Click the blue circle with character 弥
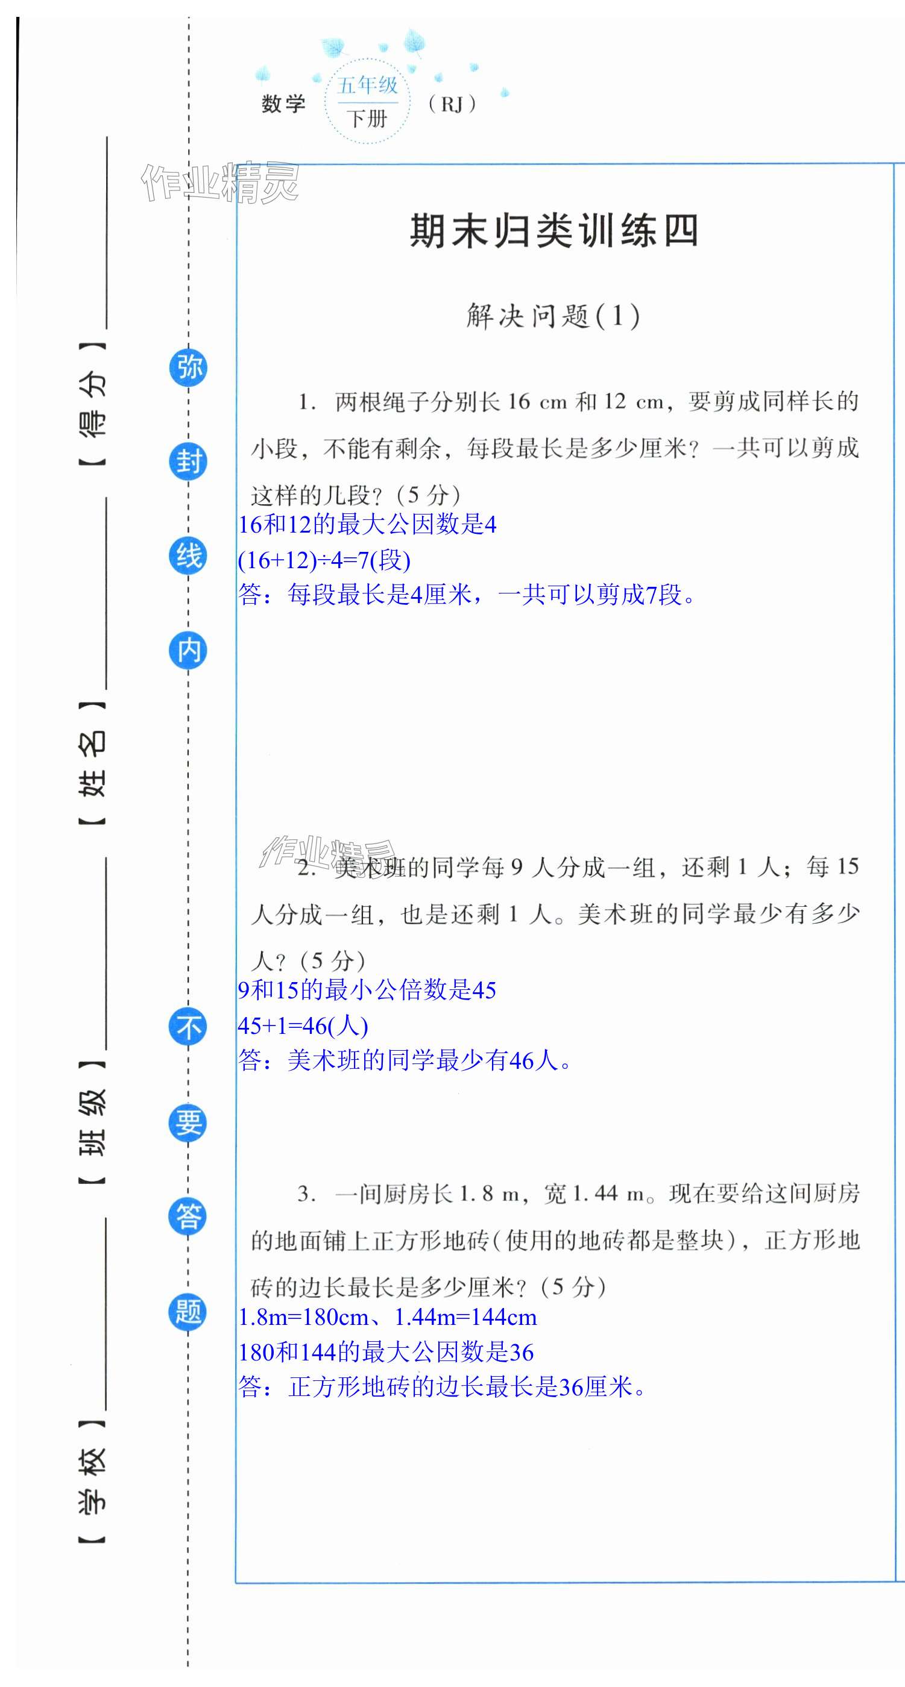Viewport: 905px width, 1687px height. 189,368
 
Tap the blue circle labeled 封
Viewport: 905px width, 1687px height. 189,462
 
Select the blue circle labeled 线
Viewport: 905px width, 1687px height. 189,556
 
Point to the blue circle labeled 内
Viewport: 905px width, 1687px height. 189,650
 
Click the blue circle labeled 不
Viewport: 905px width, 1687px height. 189,1026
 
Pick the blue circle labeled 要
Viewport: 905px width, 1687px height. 189,1122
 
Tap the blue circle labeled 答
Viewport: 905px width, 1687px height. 189,1217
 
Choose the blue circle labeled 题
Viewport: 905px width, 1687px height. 189,1311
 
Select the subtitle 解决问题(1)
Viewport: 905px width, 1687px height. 553,316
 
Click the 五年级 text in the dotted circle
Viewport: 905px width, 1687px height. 368,86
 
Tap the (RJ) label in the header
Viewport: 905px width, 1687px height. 452,104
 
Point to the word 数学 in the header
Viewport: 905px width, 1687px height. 284,104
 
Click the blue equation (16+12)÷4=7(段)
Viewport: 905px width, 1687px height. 324,560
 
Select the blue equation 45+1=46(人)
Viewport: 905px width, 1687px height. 303,1025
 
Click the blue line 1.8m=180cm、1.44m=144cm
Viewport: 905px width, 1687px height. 387,1317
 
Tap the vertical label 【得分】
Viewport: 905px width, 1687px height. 92,404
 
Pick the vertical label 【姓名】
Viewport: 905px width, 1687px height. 92,763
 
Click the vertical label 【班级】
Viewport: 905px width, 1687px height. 92,1122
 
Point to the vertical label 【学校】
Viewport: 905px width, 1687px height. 92,1482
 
